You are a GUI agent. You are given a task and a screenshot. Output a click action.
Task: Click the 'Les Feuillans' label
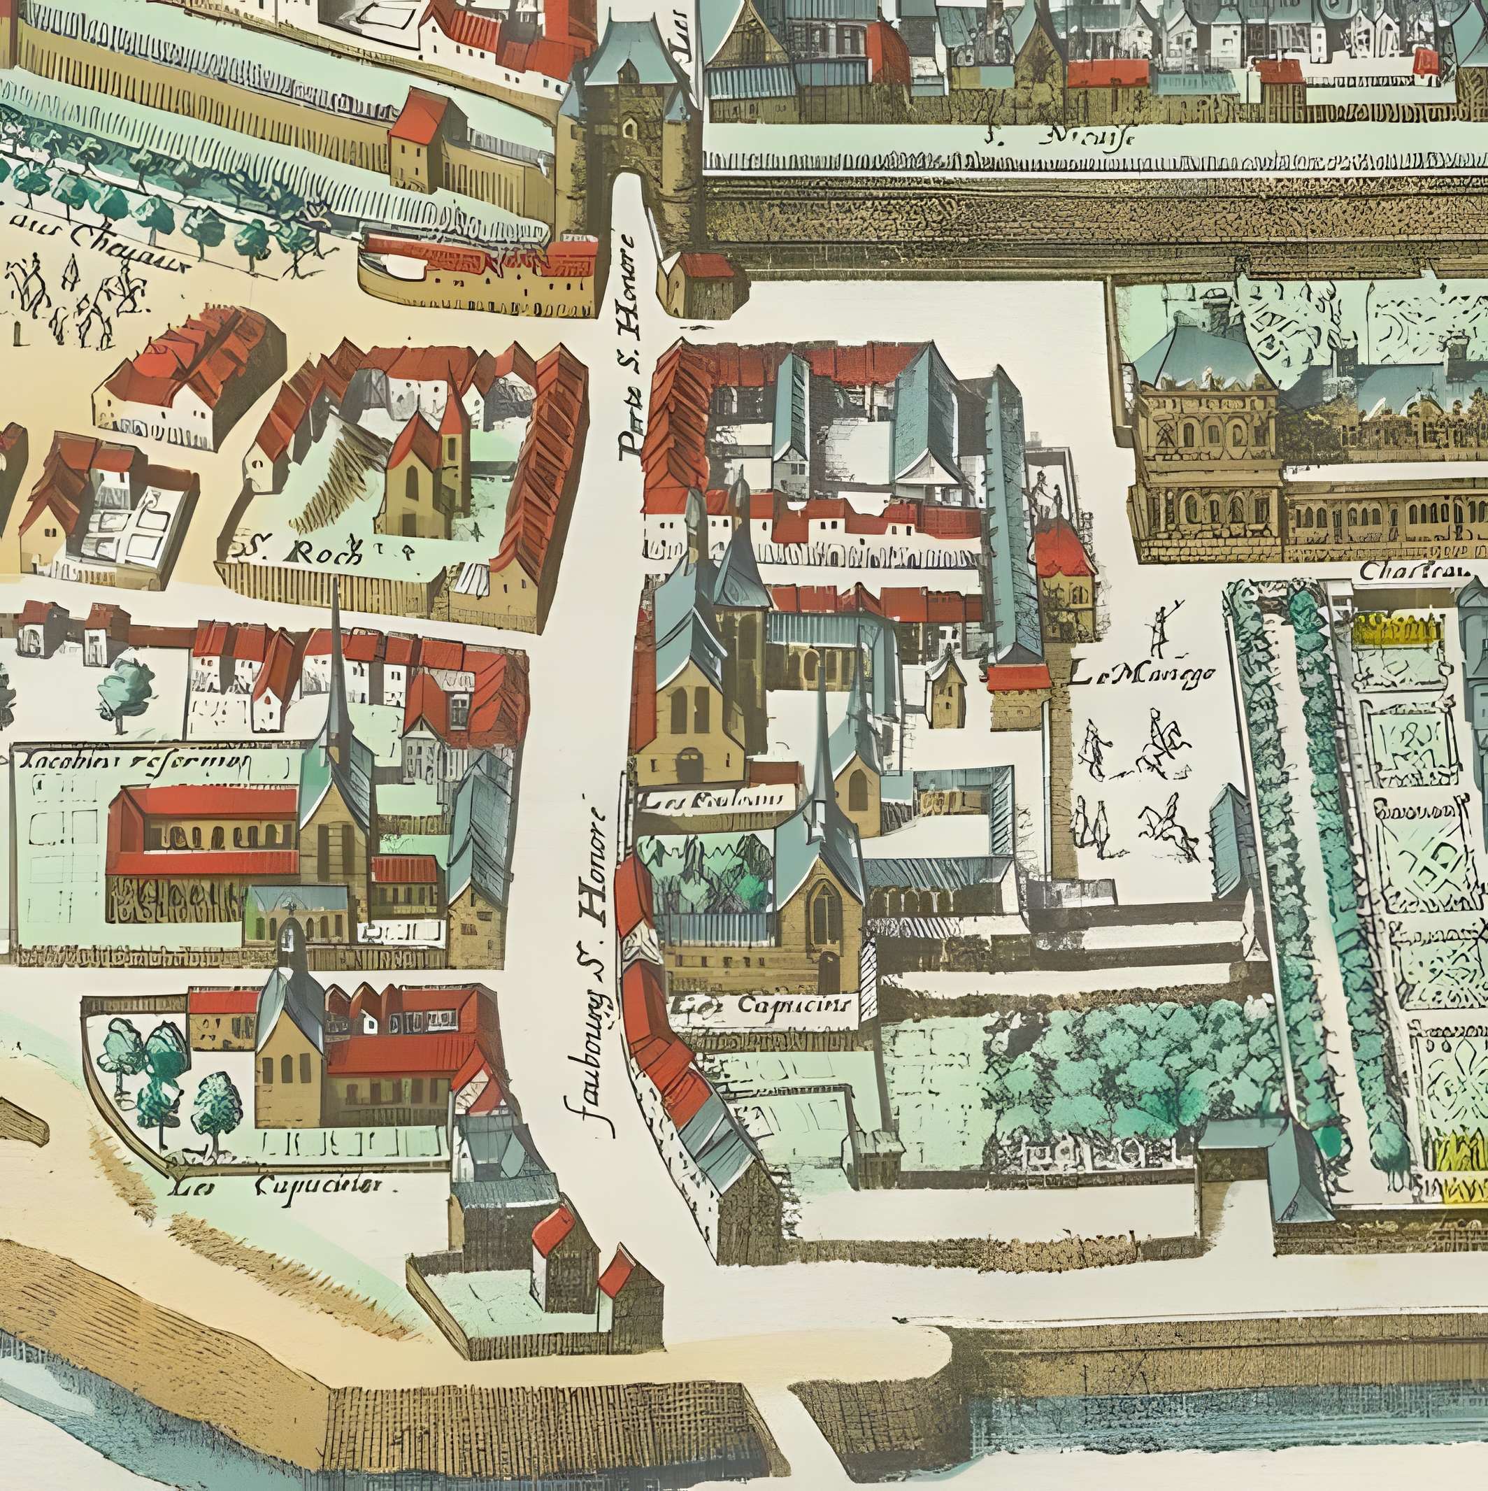pyautogui.click(x=714, y=800)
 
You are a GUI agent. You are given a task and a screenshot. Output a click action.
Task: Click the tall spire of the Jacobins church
pyautogui.click(x=335, y=656)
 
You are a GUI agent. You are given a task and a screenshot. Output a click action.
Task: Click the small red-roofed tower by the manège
pyautogui.click(x=1065, y=567)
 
